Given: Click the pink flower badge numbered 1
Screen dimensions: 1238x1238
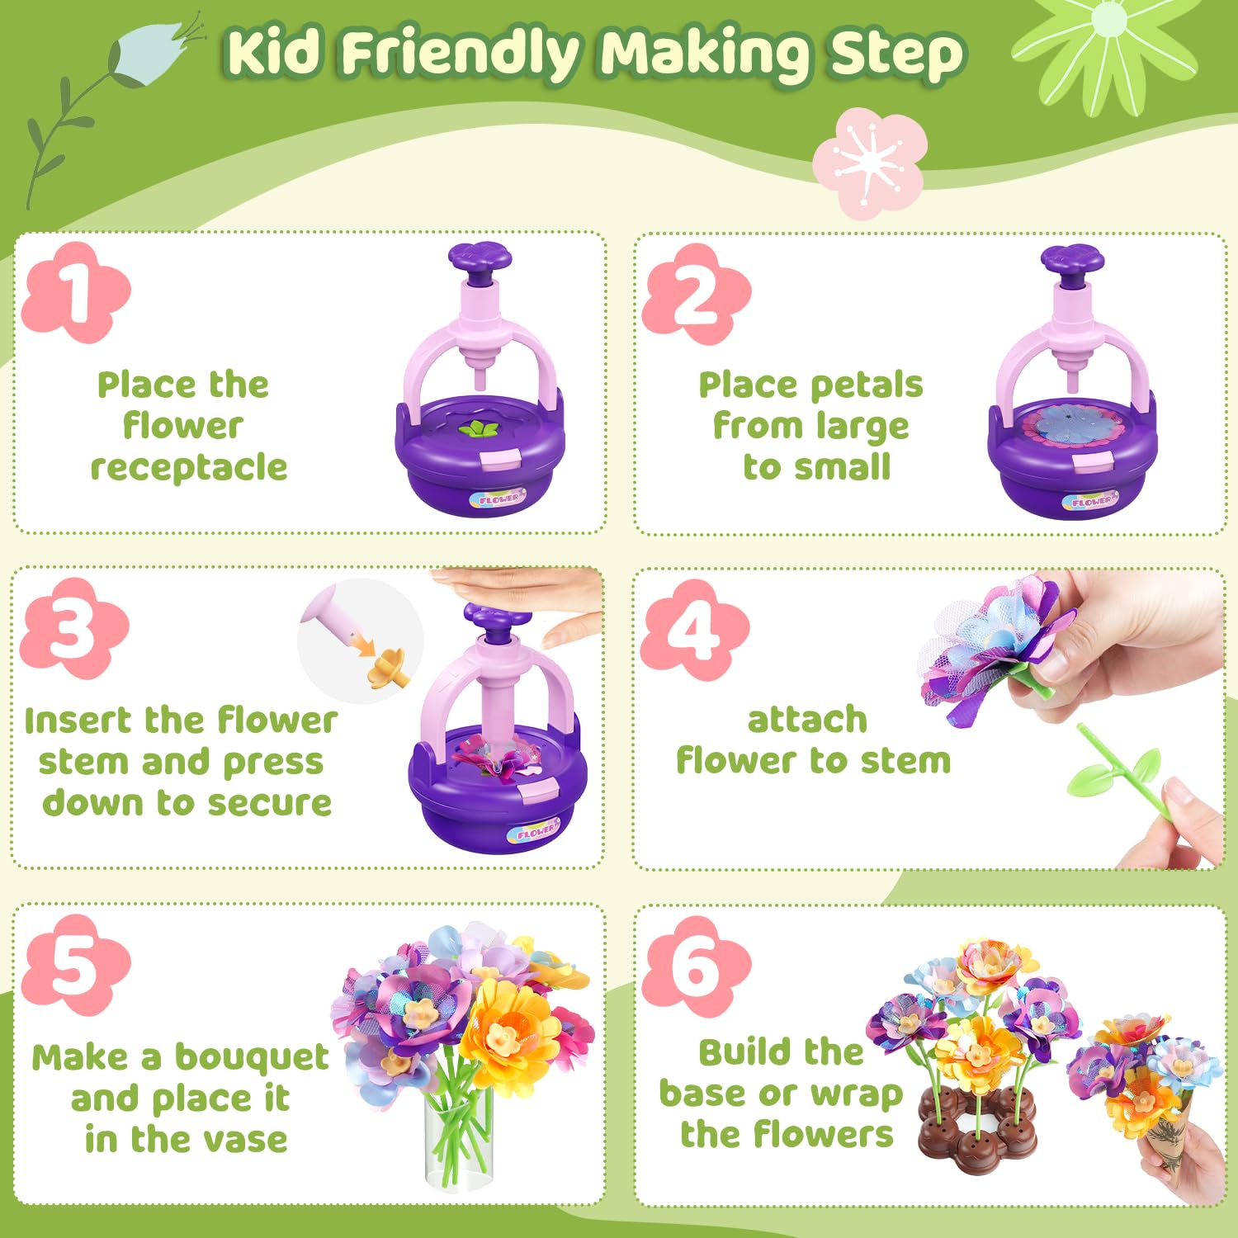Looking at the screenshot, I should (76, 293).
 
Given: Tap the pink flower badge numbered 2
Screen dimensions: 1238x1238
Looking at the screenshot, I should (696, 295).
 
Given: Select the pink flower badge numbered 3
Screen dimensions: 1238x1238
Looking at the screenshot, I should (74, 629).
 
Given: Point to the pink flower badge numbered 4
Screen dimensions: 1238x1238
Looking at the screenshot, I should (695, 631).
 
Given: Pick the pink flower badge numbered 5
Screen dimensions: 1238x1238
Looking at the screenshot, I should (76, 965).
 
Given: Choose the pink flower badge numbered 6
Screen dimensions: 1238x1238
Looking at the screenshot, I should (696, 966).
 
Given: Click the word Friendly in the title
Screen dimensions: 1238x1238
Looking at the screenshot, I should (462, 54).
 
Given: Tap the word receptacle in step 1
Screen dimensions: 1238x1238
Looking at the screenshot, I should (188, 467).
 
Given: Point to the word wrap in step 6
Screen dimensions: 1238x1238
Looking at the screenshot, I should (856, 1094).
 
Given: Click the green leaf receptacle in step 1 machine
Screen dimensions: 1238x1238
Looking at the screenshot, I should (478, 428).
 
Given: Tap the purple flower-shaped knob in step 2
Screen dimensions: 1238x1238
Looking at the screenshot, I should (1071, 258).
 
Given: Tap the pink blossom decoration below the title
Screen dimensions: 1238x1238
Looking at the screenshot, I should (869, 163).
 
